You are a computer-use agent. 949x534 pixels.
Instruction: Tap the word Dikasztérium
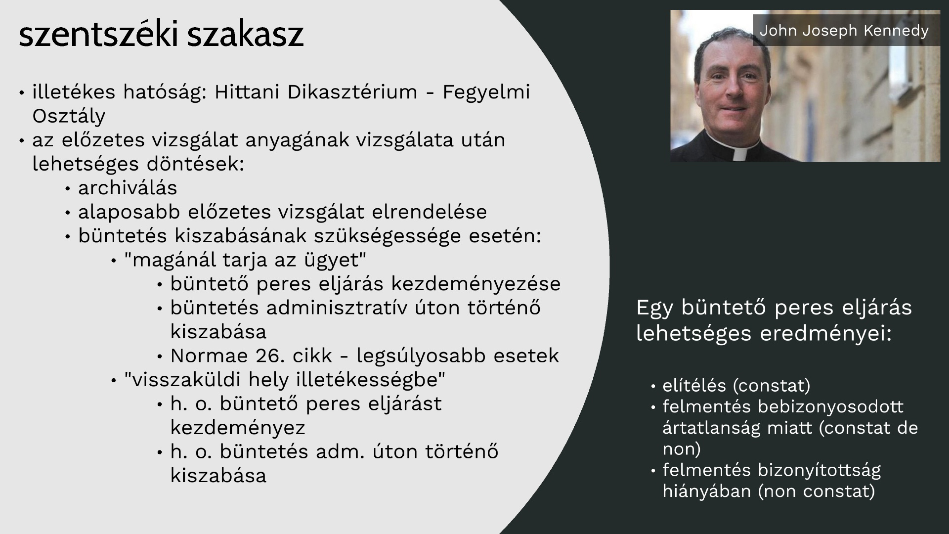352,92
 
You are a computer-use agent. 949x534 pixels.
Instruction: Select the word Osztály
69,116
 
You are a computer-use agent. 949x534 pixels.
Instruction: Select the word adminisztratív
337,308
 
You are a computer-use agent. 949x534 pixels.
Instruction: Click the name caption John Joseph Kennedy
844,30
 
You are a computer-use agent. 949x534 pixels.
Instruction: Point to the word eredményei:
826,333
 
